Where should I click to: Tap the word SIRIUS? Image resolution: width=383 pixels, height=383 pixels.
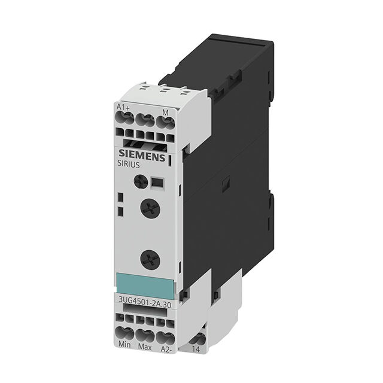tap(129, 165)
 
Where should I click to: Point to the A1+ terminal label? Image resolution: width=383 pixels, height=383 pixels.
tap(123, 107)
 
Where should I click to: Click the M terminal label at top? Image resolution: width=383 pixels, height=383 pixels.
tap(166, 113)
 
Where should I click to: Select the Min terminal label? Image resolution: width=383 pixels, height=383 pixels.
tap(124, 345)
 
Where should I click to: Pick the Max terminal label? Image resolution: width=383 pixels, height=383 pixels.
tap(145, 347)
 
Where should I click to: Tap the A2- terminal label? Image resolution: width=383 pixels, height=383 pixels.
tap(166, 349)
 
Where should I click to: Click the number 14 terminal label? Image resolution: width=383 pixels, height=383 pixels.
tap(196, 349)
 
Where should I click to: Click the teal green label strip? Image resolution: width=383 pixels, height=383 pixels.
tap(145, 285)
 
